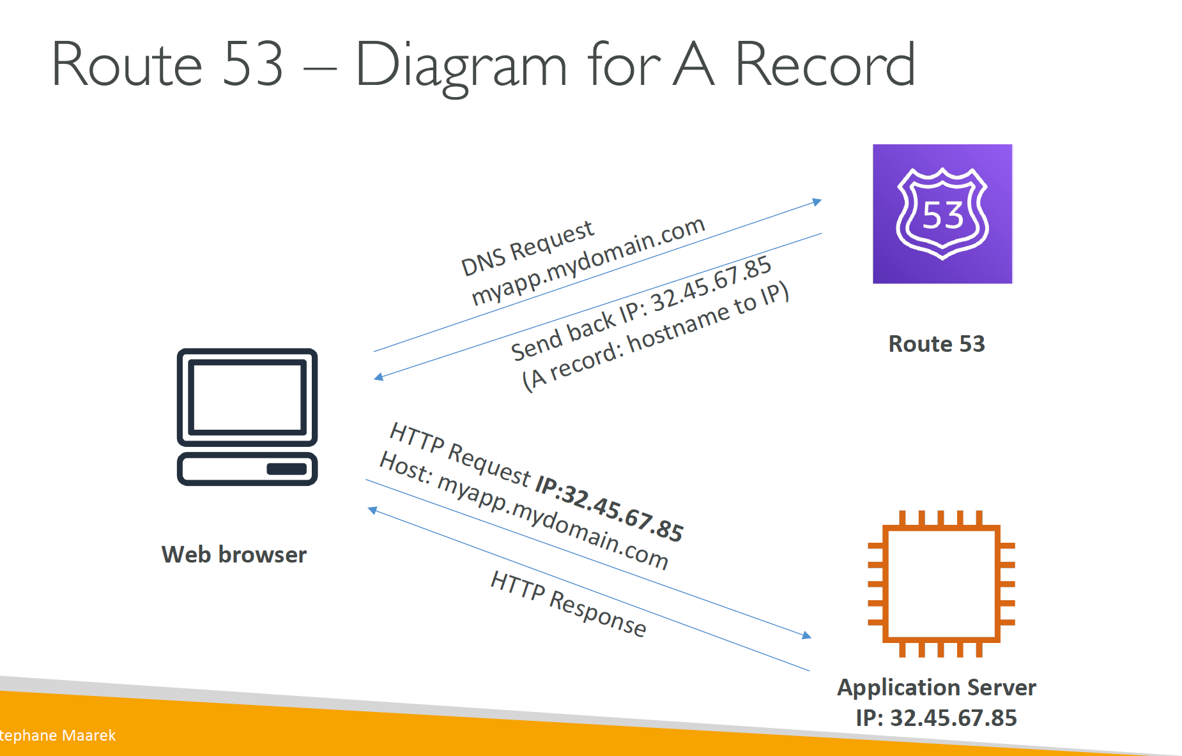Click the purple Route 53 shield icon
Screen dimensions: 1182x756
(x=942, y=214)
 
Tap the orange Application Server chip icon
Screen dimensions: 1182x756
(x=941, y=584)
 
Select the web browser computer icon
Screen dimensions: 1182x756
(x=247, y=417)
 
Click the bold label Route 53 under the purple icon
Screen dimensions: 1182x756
(x=937, y=344)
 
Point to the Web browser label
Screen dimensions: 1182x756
(x=234, y=554)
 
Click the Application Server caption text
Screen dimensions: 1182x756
(x=937, y=688)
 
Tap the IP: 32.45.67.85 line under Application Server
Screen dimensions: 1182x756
(x=937, y=718)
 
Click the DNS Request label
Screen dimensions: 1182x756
(x=528, y=248)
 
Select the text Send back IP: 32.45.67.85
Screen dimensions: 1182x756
(x=641, y=308)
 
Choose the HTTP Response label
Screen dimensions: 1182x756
(x=569, y=603)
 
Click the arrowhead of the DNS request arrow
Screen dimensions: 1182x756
(x=817, y=202)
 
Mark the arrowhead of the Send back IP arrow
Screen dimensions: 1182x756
(x=378, y=377)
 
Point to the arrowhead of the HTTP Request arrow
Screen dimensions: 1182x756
(x=807, y=635)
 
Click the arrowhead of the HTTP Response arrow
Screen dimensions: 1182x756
(x=372, y=510)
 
